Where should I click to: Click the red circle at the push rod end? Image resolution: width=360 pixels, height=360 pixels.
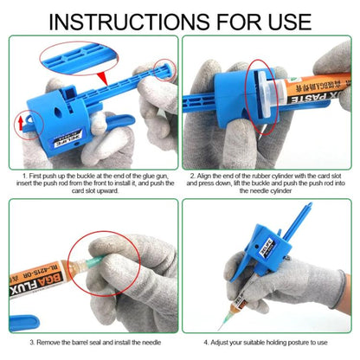click(x=157, y=69)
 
